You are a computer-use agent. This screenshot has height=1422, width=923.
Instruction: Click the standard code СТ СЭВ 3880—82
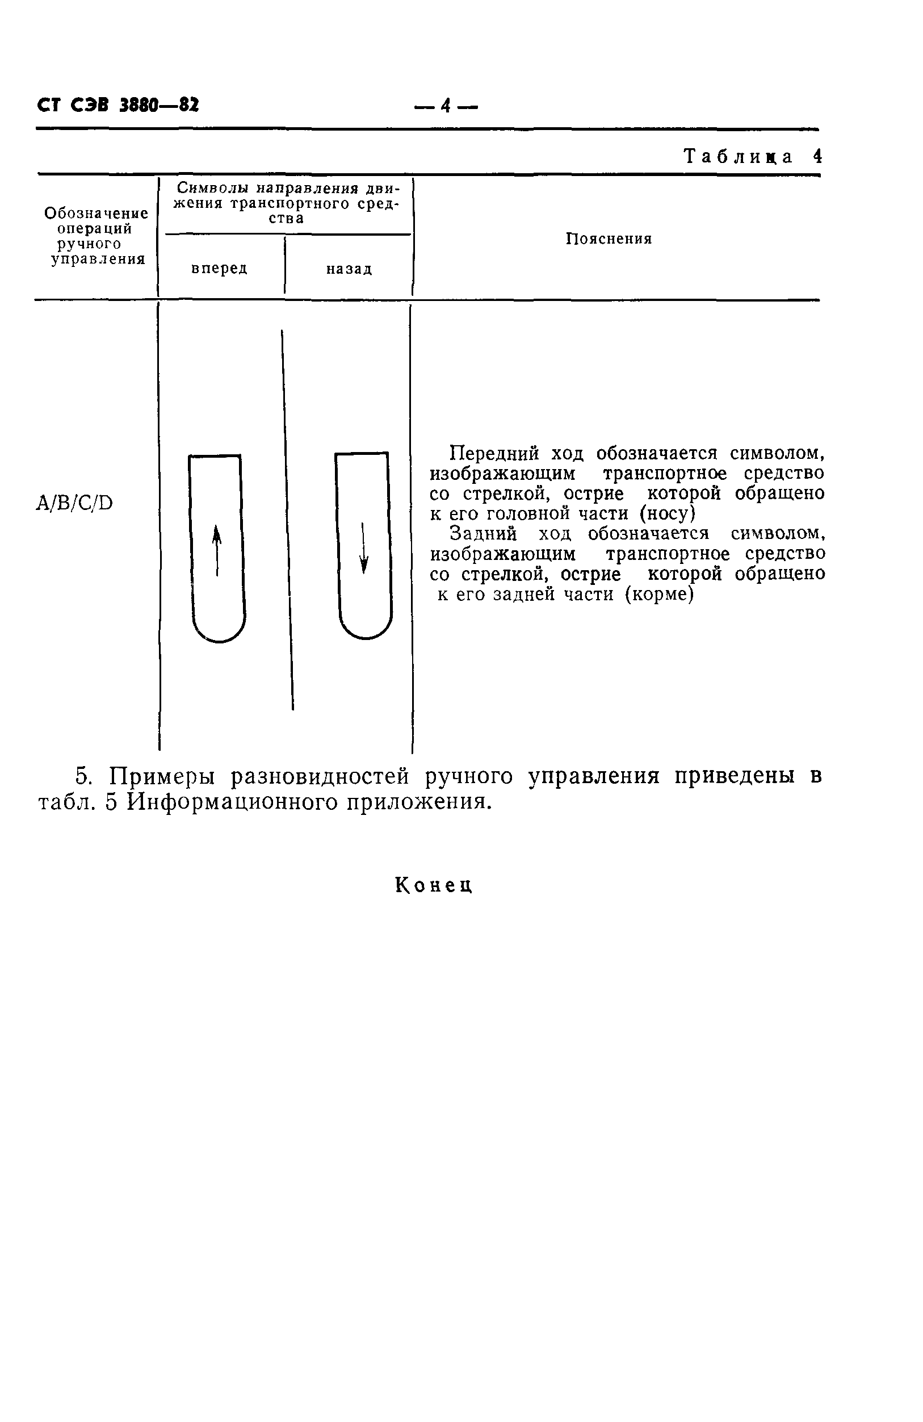(x=118, y=105)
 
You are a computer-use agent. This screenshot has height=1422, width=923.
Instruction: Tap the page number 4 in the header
(x=445, y=106)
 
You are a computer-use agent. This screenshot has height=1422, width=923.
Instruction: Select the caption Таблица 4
(x=752, y=157)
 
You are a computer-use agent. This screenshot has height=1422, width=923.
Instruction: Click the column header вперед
(x=219, y=269)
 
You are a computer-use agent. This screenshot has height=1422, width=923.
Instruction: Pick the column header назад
(x=349, y=269)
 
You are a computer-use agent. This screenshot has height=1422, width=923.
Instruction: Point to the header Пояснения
(x=608, y=239)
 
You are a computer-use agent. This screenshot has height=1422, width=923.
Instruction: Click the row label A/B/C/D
(x=75, y=504)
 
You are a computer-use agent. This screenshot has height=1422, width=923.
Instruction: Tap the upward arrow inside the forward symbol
(x=217, y=550)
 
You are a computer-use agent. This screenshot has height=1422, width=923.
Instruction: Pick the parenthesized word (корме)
(x=659, y=595)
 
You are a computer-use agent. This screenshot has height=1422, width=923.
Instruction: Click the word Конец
(x=434, y=884)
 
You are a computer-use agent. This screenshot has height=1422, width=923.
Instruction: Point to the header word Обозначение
(x=96, y=213)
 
